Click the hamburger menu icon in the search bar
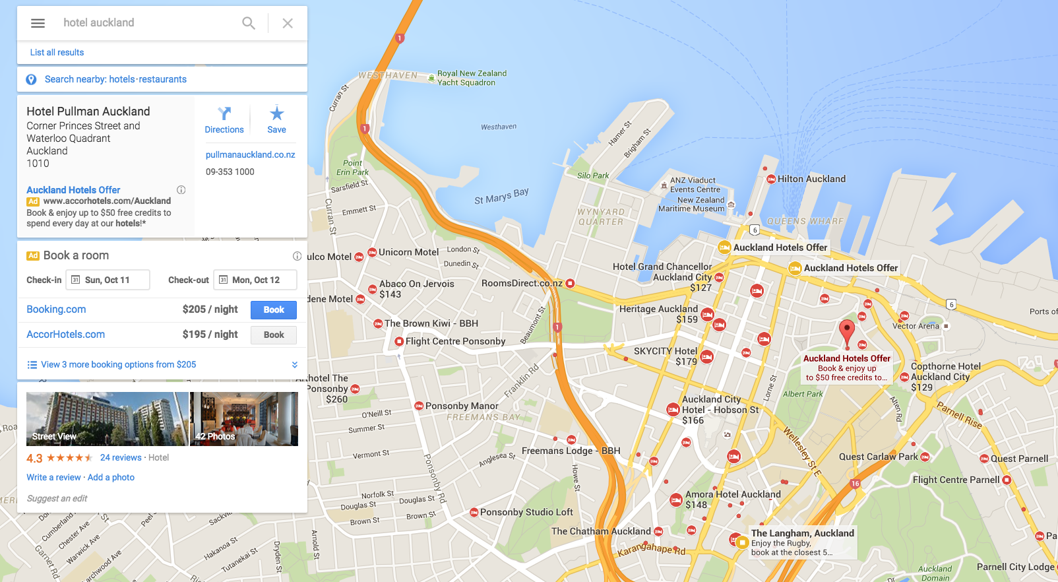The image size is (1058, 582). click(x=38, y=23)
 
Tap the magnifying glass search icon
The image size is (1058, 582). click(x=249, y=23)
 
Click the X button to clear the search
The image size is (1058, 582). click(x=288, y=23)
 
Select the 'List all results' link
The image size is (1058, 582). click(x=57, y=52)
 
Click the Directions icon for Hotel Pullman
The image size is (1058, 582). click(x=224, y=114)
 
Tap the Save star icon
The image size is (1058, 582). click(x=276, y=113)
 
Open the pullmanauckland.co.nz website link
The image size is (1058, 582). click(x=250, y=154)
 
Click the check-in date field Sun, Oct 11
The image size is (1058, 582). click(x=108, y=280)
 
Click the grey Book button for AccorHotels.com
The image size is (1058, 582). click(x=274, y=335)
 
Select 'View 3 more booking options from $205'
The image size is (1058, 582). click(x=118, y=364)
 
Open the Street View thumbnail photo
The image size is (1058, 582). click(x=107, y=419)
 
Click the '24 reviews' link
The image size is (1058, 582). click(x=121, y=457)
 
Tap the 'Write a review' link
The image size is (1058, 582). click(x=53, y=477)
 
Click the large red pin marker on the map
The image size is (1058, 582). click(x=846, y=331)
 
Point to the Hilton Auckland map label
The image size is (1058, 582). click(x=811, y=179)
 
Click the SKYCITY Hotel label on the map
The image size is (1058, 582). click(x=666, y=351)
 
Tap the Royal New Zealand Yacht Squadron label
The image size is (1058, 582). click(x=472, y=78)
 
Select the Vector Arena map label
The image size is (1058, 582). click(x=916, y=326)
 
